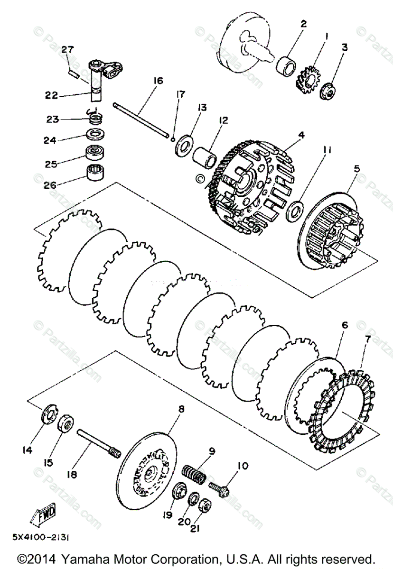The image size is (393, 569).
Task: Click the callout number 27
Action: click(x=67, y=50)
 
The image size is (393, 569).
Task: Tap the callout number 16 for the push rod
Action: click(x=158, y=81)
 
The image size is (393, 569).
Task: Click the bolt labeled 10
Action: click(x=219, y=489)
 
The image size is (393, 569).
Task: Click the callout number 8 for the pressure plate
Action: click(x=182, y=409)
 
